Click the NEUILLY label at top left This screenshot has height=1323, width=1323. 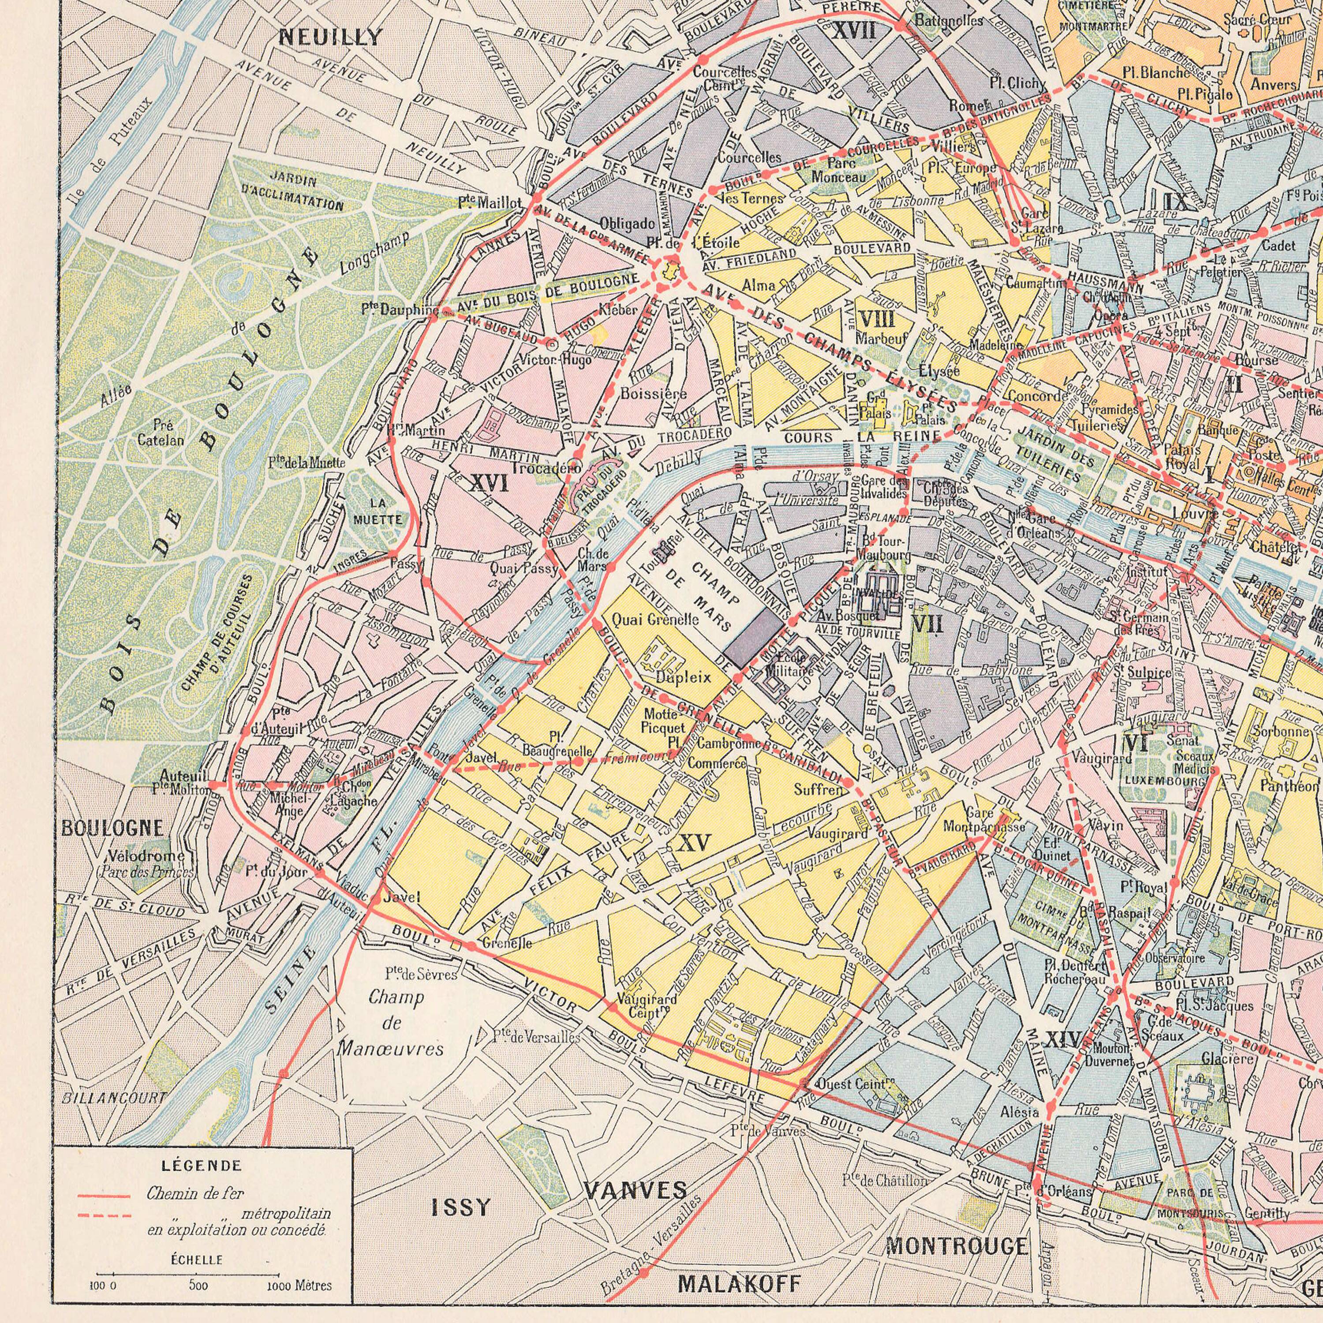tap(331, 37)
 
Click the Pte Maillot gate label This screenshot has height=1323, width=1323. tap(490, 203)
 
